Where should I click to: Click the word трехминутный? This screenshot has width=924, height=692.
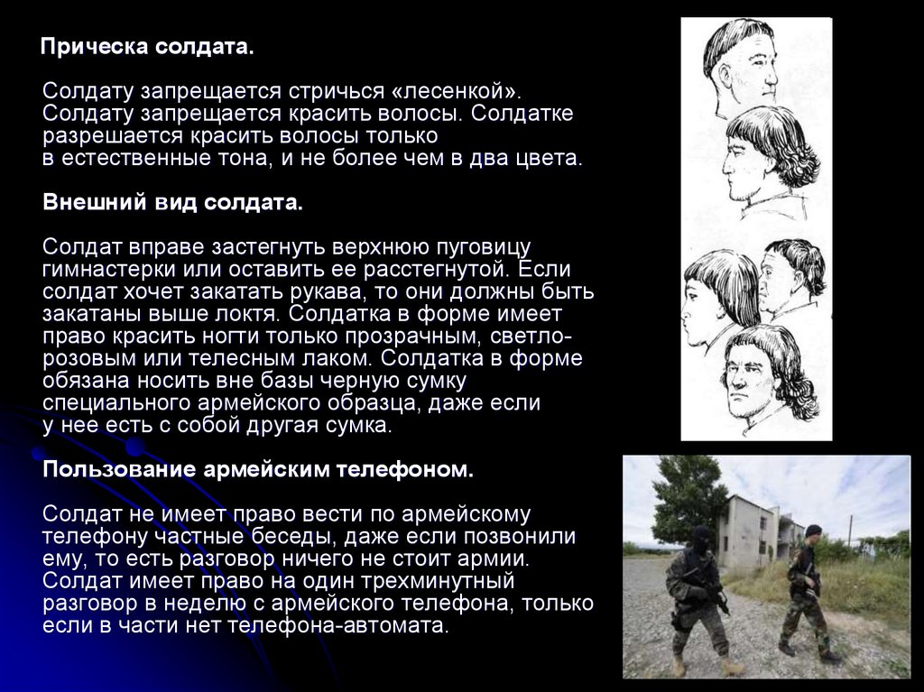click(x=438, y=581)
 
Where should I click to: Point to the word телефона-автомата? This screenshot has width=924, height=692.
click(x=337, y=625)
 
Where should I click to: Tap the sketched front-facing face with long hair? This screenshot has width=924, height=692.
click(x=766, y=377)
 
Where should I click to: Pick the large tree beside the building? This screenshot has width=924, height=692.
click(x=687, y=501)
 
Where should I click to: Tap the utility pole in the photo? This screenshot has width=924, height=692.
click(x=850, y=531)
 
